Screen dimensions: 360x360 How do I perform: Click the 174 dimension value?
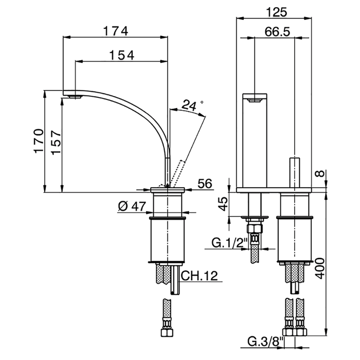pos(116,31)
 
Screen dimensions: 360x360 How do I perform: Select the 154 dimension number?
pos(122,56)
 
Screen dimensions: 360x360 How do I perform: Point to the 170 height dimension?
pos(39,141)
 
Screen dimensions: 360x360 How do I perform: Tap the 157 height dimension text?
pos(56,142)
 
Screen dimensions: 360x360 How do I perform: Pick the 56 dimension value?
pos(205,184)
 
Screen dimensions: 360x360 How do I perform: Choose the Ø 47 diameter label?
pos(132,206)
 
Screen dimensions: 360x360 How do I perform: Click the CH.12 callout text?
pos(200,276)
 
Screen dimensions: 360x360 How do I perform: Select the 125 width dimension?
pos(277,12)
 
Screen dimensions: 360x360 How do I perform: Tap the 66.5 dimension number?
pos(277,32)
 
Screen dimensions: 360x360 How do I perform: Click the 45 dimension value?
pos(222,204)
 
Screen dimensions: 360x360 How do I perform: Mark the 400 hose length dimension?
pos(319,268)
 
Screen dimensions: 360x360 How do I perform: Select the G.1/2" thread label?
pos(229,243)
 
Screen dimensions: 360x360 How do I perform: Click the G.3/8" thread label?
pos(266,341)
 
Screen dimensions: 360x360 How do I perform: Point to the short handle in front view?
pos(294,172)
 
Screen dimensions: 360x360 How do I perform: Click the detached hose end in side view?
pos(167,317)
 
